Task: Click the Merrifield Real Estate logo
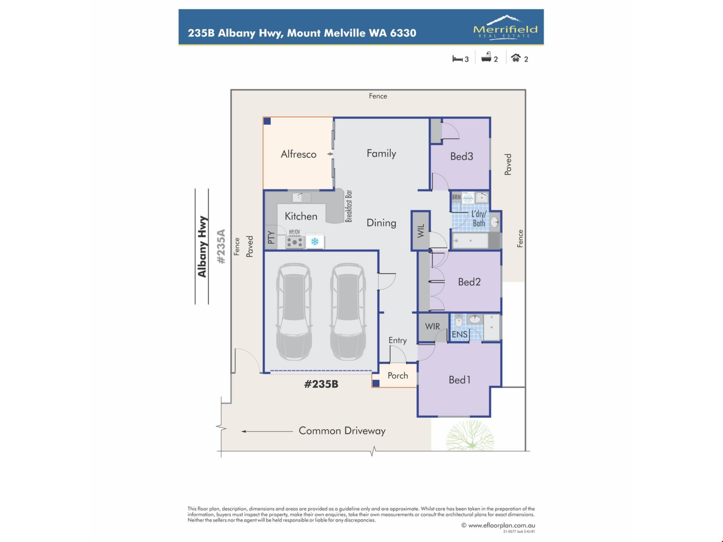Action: (505, 27)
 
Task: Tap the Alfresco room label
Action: (298, 154)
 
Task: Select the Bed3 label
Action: (462, 156)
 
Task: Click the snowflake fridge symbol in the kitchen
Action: (315, 241)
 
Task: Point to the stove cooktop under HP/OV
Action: (294, 242)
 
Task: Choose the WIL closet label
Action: (421, 231)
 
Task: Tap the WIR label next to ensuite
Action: (432, 326)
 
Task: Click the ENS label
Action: (459, 334)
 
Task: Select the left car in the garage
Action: (294, 312)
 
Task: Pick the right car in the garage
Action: (348, 312)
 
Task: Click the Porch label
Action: (398, 376)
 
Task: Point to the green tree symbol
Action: (470, 435)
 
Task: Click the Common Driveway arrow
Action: (267, 431)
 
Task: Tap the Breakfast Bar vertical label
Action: (349, 206)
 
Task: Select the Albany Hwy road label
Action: (202, 247)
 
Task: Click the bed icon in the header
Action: (457, 59)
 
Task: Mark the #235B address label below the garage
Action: (321, 384)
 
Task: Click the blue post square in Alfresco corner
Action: (267, 121)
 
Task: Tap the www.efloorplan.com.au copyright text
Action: (498, 525)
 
